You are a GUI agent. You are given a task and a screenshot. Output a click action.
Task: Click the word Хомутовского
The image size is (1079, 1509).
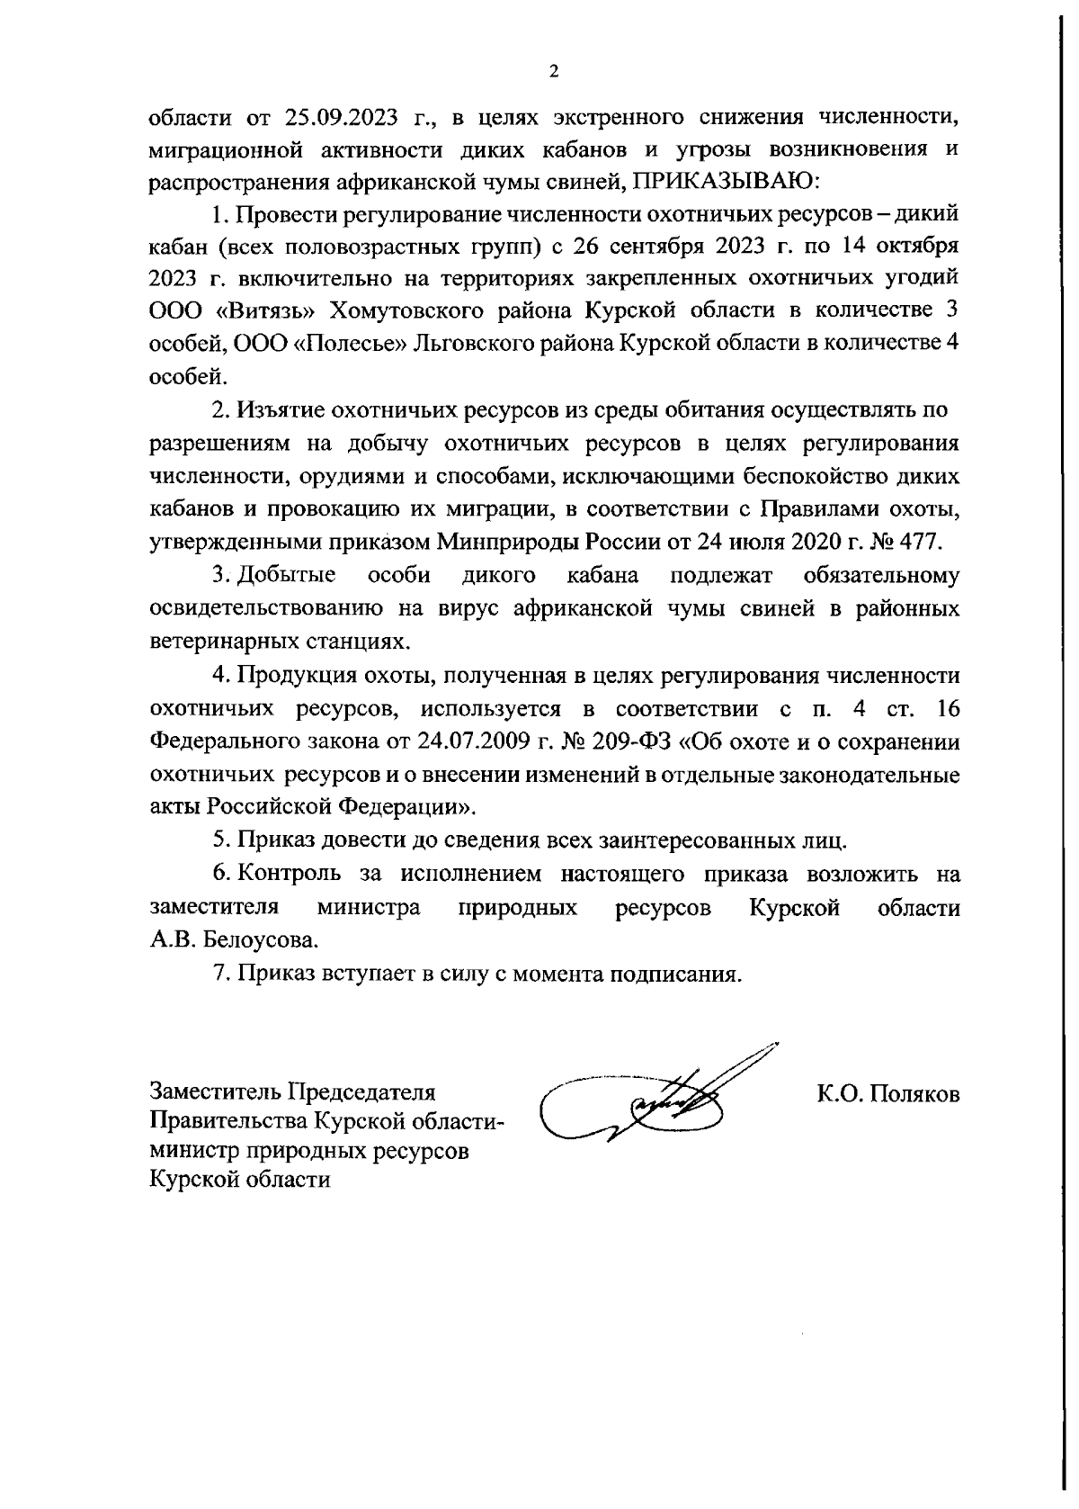[x=420, y=310]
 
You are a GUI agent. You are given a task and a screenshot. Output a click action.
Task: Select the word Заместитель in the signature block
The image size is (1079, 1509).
[x=213, y=1092]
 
